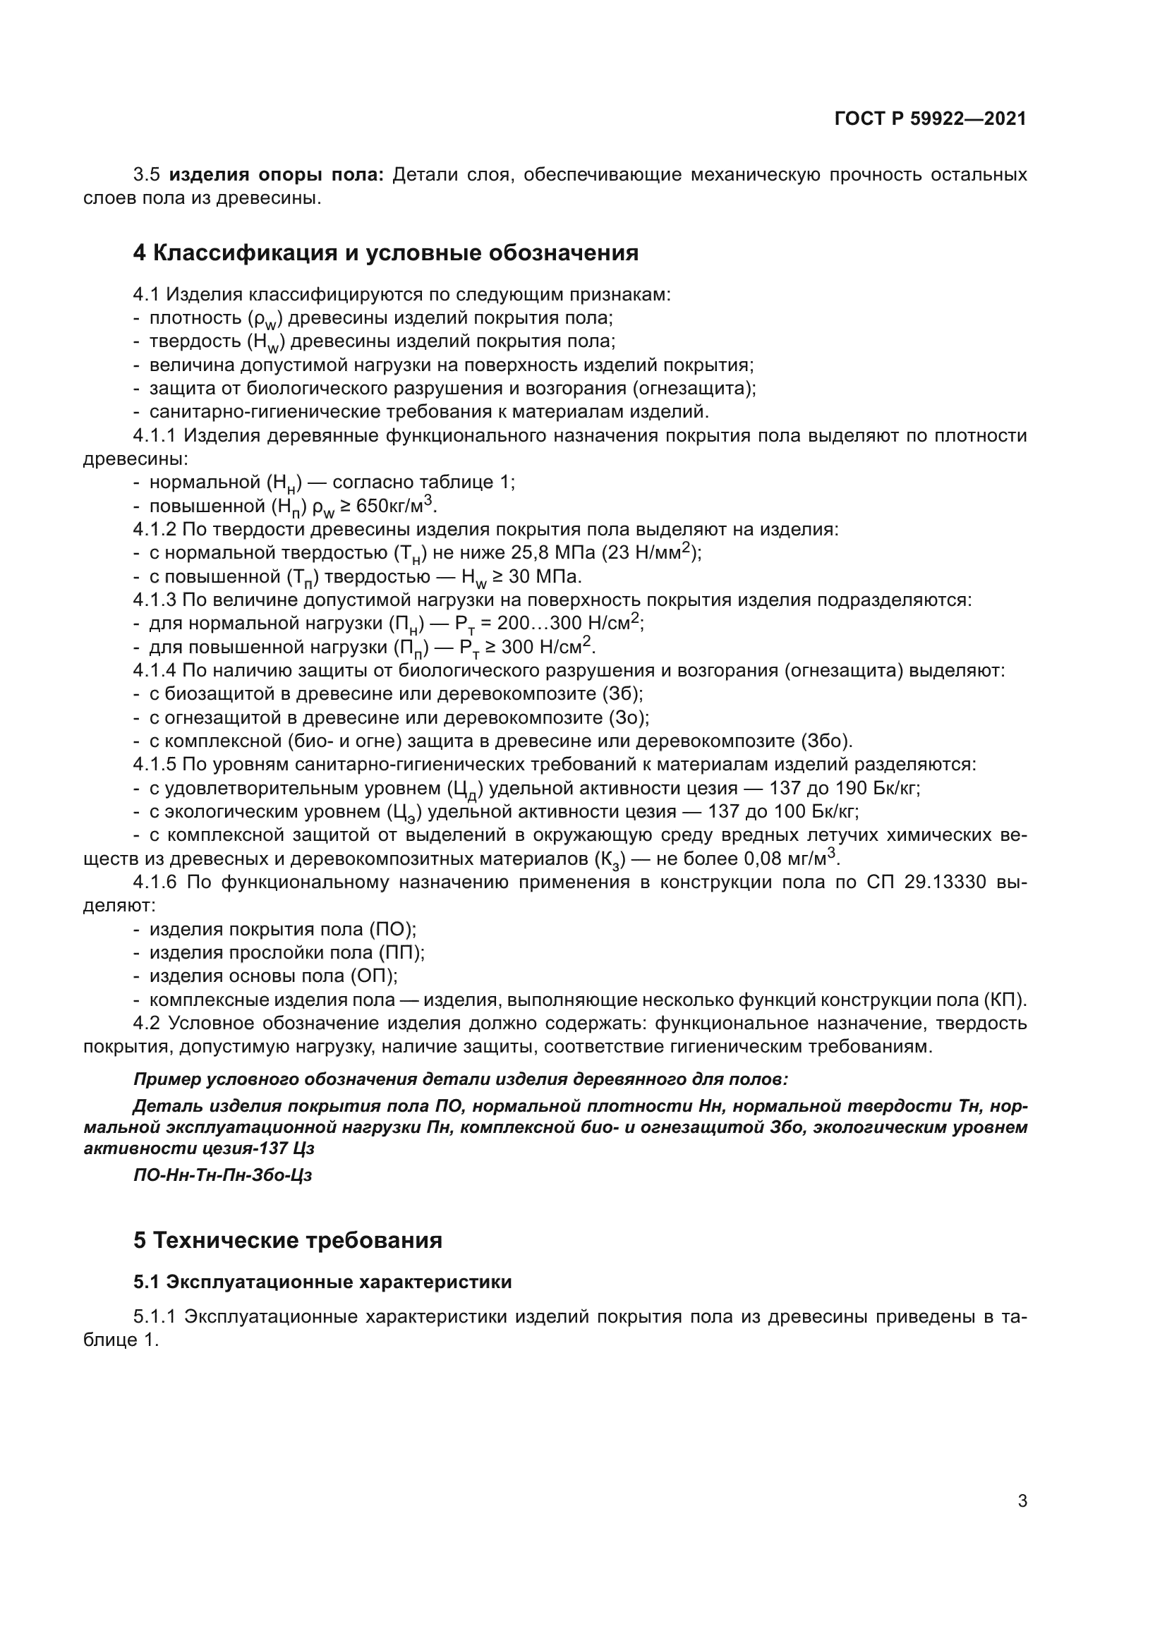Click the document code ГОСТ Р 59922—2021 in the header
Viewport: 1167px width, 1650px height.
(930, 119)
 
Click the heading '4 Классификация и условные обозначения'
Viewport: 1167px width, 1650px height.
(386, 253)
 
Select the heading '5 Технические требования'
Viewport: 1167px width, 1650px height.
(287, 1240)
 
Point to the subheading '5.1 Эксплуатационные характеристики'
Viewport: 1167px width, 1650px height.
(322, 1282)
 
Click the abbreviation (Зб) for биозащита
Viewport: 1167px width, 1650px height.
(625, 694)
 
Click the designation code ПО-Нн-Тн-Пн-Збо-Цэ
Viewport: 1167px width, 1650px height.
(223, 1176)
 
